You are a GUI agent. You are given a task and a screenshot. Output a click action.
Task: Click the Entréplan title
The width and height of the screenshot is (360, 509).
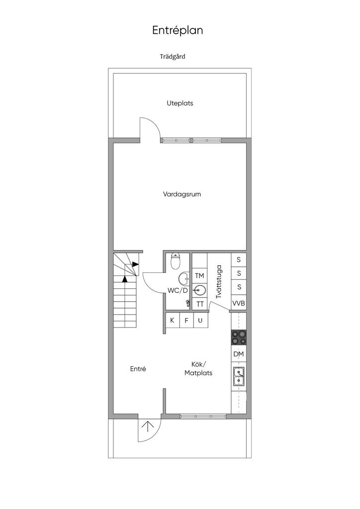(178, 30)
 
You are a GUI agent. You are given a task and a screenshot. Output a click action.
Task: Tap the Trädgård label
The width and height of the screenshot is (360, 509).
(173, 57)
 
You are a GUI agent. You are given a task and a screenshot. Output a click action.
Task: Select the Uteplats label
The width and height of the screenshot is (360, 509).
(180, 103)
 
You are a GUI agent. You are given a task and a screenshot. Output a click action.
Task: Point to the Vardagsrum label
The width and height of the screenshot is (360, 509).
(182, 194)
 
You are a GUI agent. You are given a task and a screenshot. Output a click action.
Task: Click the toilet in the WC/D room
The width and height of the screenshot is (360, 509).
(176, 260)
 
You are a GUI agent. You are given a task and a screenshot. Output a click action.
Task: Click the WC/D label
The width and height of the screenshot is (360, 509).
(178, 290)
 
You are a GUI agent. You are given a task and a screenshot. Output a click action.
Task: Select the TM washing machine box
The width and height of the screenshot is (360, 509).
(199, 276)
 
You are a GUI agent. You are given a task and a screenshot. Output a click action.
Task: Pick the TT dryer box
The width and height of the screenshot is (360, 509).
(200, 304)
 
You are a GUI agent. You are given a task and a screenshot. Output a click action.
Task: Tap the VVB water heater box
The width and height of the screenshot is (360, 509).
(239, 303)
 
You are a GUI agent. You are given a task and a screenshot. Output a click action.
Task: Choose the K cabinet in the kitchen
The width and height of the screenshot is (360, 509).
(172, 320)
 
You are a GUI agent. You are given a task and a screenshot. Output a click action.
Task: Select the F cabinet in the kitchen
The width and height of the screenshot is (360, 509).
(186, 320)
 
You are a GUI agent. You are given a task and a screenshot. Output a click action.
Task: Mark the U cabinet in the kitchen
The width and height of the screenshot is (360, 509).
(200, 320)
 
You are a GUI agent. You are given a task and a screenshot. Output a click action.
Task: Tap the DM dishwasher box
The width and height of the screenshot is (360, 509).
(239, 354)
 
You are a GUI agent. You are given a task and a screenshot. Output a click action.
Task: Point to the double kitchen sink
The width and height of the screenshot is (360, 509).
(239, 376)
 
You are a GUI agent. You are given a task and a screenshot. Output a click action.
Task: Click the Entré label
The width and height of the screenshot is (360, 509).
(138, 369)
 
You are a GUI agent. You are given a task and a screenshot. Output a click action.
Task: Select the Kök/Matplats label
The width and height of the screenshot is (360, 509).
(198, 368)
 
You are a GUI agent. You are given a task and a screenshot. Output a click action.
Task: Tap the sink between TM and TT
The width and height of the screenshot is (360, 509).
(200, 290)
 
